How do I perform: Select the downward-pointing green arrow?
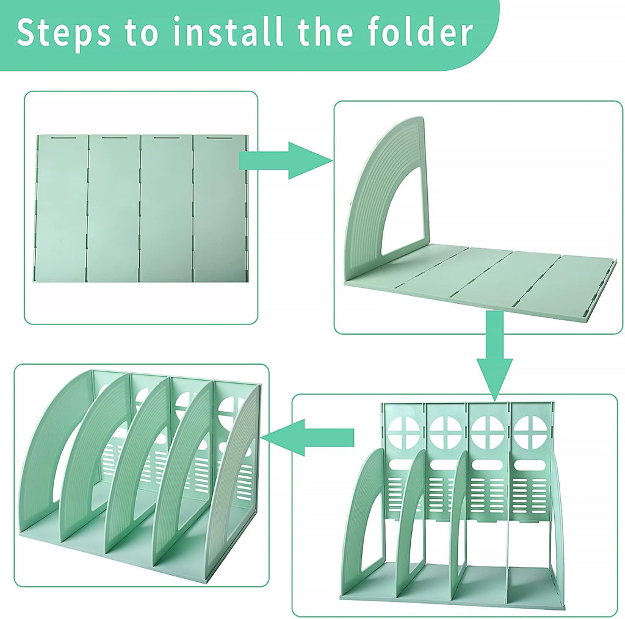(x=494, y=354)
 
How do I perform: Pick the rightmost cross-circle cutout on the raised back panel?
(x=529, y=432)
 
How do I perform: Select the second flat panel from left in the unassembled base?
(x=114, y=207)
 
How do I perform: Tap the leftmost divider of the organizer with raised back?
(x=363, y=518)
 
